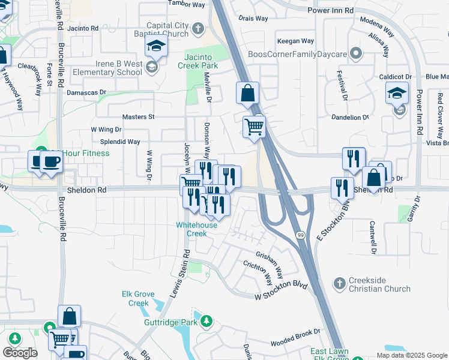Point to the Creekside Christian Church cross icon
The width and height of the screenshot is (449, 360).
coord(340,283)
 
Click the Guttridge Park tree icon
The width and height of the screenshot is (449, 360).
coord(207,322)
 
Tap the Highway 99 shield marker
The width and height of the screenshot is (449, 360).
coord(299,235)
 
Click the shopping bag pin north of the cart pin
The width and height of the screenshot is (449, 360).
coord(247,93)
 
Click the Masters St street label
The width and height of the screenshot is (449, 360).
coord(139,117)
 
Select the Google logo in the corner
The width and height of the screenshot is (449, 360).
coord(20,353)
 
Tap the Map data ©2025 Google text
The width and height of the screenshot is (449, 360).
coord(411,355)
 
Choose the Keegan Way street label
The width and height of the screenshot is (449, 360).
coord(295,41)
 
